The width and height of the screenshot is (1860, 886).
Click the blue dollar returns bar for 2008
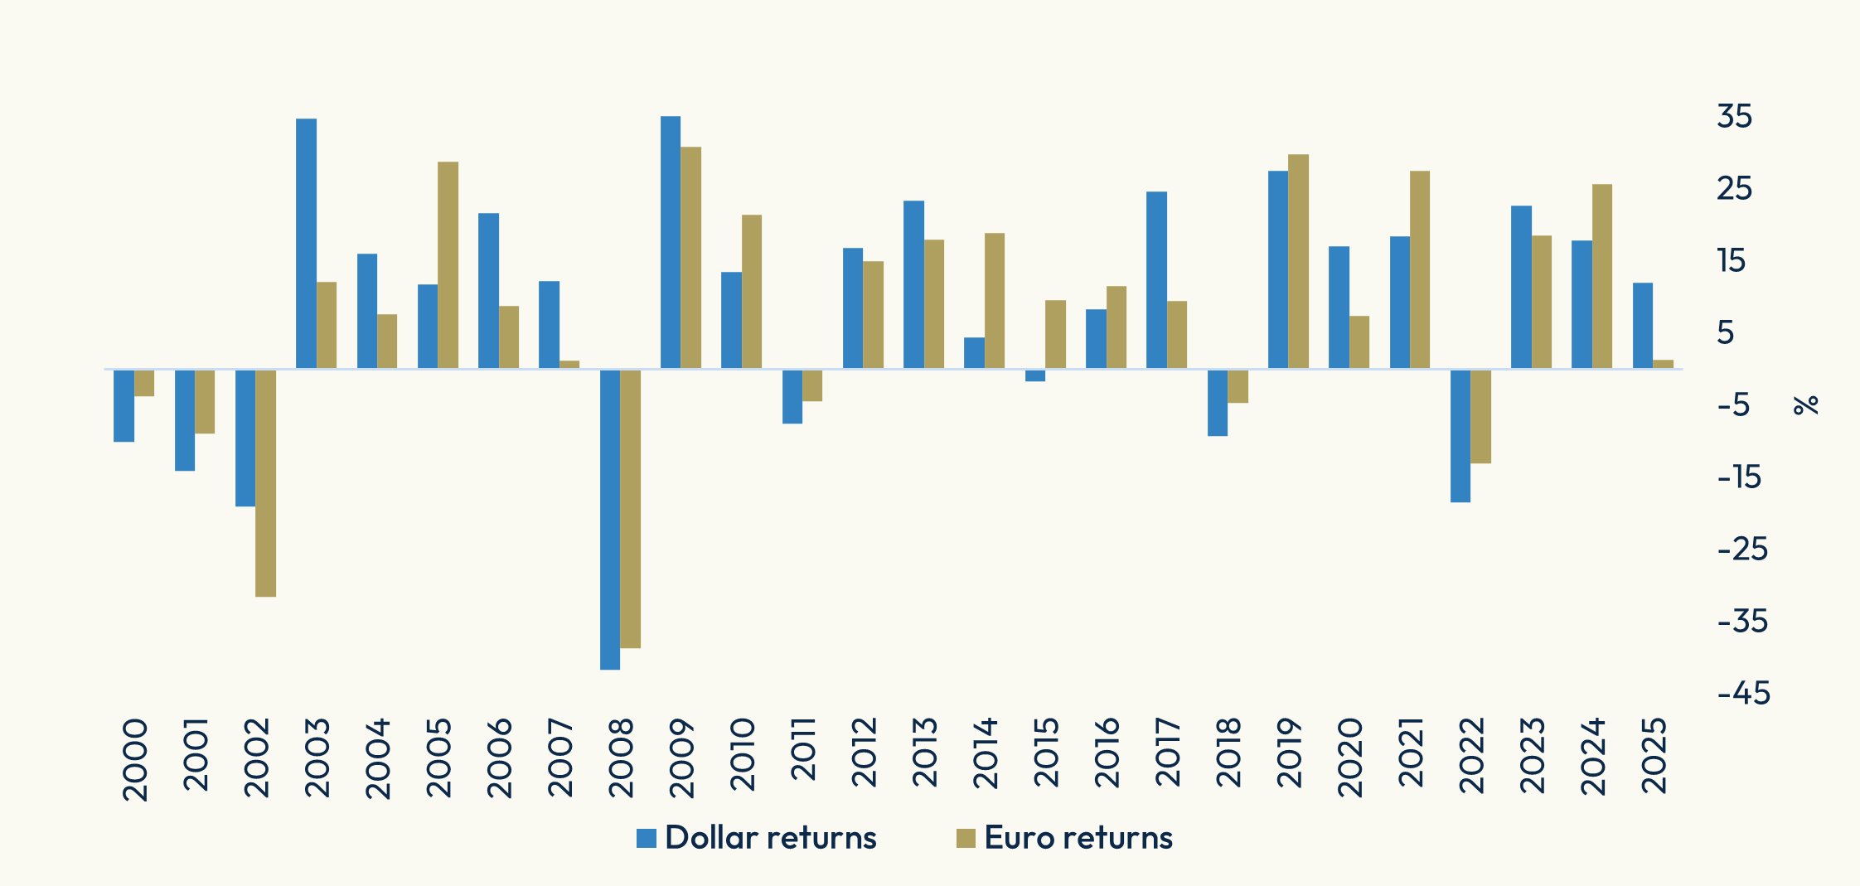tap(609, 519)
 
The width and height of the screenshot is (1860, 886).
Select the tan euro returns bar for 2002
tap(265, 482)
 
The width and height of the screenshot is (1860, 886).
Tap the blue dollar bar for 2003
tap(306, 244)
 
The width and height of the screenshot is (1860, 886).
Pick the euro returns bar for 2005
tap(448, 265)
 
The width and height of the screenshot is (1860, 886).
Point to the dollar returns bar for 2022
tap(1460, 435)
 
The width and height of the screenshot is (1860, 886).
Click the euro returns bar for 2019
tap(1298, 261)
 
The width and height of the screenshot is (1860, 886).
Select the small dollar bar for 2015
tap(1035, 375)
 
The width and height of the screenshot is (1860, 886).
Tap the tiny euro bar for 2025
tap(1663, 364)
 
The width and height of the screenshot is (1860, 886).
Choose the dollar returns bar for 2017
tap(1156, 280)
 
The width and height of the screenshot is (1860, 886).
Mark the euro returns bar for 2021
tap(1420, 269)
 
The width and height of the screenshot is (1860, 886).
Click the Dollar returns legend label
tap(770, 838)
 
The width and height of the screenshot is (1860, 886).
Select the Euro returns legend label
tap(1078, 838)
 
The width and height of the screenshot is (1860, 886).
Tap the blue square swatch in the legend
tap(647, 838)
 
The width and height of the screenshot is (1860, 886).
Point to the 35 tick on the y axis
tap(1735, 117)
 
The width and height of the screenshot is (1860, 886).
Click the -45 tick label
tap(1744, 693)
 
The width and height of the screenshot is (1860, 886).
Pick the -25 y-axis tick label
tap(1742, 549)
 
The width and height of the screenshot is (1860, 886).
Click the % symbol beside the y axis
tap(1805, 404)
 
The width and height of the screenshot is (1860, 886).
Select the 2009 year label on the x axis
tap(681, 758)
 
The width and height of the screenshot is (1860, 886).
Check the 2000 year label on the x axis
tap(134, 759)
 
